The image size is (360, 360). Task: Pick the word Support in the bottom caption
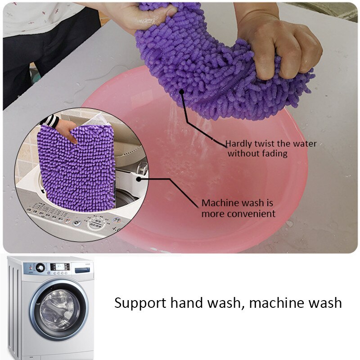(x=140, y=302)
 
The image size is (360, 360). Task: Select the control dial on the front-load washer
(x=40, y=267)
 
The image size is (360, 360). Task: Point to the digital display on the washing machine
(x=59, y=266)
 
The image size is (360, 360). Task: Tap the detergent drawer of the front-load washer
(x=82, y=270)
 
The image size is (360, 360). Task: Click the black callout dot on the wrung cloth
(x=182, y=91)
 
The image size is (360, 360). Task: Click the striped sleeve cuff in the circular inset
(x=51, y=121)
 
